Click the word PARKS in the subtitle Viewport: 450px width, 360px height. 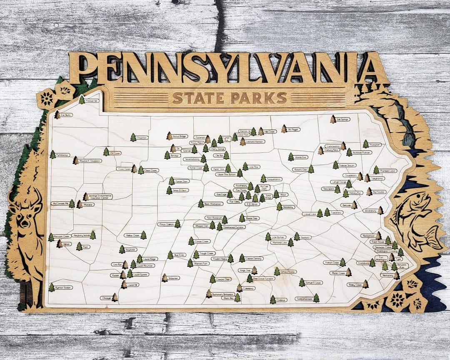(258, 98)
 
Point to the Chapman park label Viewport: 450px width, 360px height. (142, 137)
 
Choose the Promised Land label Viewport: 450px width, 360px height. (387, 170)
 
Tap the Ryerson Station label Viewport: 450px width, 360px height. (64, 287)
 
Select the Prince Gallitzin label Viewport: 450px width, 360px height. (166, 224)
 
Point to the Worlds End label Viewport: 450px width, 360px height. (301, 157)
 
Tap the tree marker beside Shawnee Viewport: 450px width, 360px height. (165, 277)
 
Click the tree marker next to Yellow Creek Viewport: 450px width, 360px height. (143, 235)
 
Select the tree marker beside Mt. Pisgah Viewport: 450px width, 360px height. (284, 129)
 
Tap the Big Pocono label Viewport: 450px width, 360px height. (380, 192)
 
